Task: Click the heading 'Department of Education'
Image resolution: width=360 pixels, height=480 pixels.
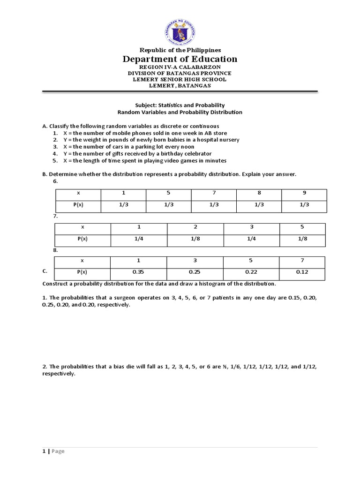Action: pos(180,59)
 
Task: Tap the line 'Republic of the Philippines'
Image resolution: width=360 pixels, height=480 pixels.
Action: pos(180,50)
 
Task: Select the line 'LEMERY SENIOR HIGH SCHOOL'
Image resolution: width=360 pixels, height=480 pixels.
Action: pos(180,79)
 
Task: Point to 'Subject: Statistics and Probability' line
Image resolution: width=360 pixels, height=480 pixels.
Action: pos(180,105)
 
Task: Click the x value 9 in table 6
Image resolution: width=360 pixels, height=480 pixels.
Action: pos(304,193)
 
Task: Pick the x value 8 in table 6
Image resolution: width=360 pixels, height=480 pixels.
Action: pos(259,193)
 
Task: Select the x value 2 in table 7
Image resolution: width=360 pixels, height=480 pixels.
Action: pos(195,226)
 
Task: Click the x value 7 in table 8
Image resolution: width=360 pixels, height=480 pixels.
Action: pos(303,260)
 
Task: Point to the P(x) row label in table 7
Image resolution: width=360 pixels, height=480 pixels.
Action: pos(82,238)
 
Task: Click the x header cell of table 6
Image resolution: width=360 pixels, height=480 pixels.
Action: pos(78,193)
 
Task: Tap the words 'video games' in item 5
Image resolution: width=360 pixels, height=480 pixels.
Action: pos(182,160)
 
